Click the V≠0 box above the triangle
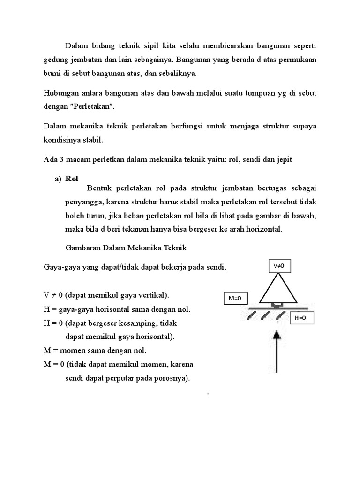[279, 266]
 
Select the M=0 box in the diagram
[236, 298]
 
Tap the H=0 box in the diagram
[300, 318]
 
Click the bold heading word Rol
[72, 178]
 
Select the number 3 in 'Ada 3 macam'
[60, 159]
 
